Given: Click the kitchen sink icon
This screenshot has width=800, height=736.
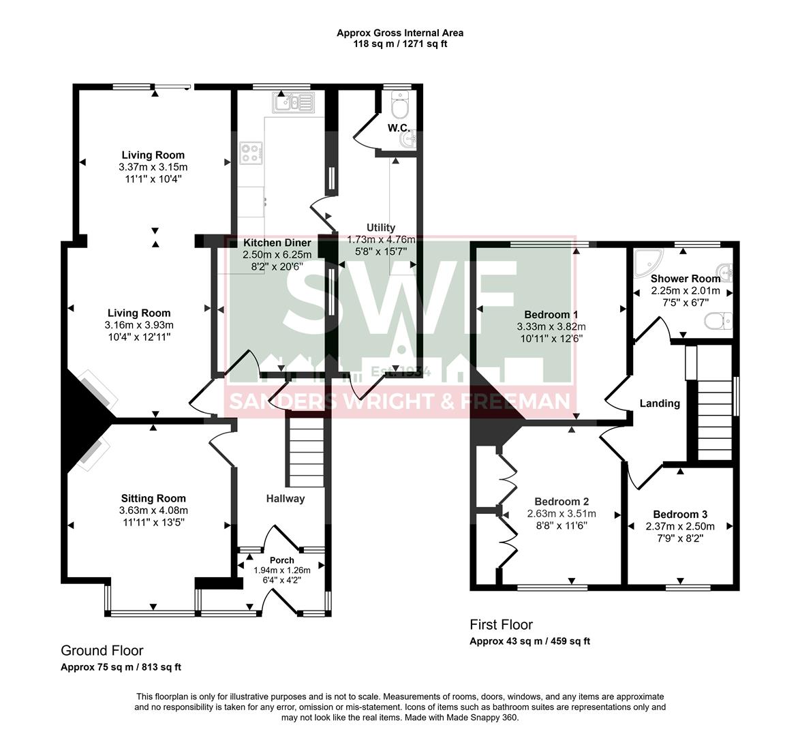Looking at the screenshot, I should (293, 103).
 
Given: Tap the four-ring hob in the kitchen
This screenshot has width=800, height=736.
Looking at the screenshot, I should (250, 153).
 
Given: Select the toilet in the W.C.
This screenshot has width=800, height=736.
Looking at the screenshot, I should (401, 106).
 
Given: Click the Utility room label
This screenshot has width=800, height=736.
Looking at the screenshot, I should (380, 228).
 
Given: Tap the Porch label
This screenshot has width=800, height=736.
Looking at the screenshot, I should (281, 560).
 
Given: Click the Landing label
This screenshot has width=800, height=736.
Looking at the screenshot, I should (659, 403).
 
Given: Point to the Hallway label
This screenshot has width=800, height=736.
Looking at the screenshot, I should (285, 499).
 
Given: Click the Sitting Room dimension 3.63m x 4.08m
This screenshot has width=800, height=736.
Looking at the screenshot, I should (153, 510).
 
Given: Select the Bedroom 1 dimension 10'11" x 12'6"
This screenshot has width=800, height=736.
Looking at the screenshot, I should (551, 338).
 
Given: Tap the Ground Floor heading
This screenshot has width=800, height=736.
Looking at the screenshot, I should (102, 651).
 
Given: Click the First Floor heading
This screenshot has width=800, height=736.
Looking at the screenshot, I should (501, 625).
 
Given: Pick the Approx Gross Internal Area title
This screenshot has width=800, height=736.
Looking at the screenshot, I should (400, 33).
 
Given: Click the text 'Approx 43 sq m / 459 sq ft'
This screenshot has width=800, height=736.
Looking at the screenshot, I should (529, 641).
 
